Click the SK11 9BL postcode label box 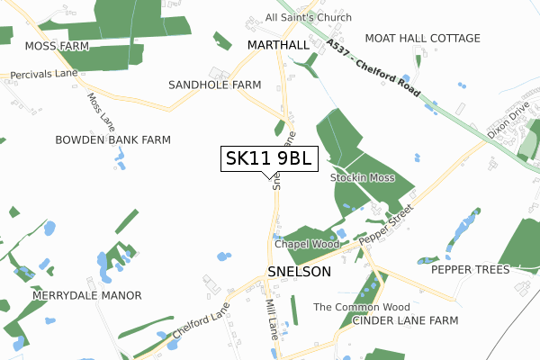pos(269,158)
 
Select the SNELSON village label pos(299,271)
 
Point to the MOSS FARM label pos(56,45)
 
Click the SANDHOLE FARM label pos(214,85)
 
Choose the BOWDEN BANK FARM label pos(112,140)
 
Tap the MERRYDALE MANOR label pos(87,295)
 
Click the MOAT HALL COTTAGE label pos(422,38)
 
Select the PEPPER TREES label pos(470,269)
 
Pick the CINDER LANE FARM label pos(405,320)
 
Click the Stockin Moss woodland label pos(362,177)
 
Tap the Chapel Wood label pos(306,244)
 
